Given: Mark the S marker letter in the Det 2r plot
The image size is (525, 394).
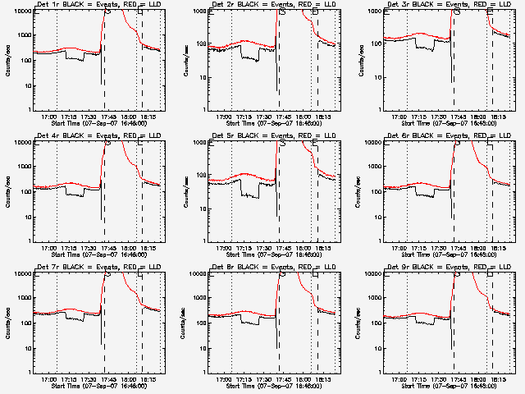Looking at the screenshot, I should (283, 11).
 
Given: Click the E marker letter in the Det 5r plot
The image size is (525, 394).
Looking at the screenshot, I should (316, 143).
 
